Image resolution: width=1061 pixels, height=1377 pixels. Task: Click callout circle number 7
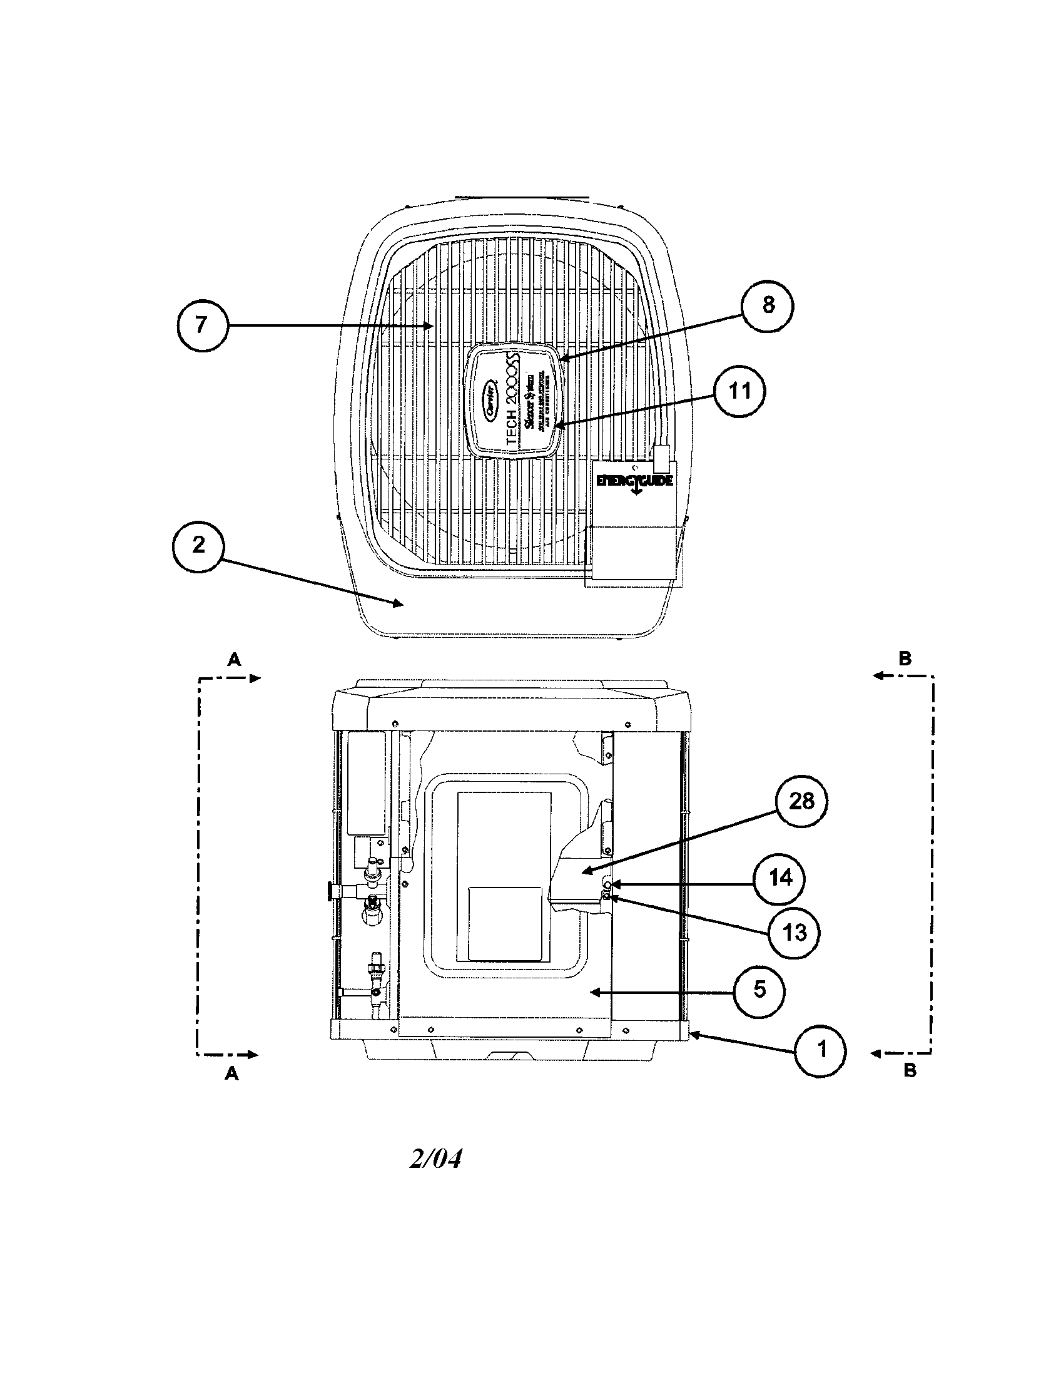point(200,325)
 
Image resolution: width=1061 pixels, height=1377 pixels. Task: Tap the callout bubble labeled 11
point(739,392)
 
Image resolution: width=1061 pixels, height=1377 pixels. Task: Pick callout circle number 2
point(198,545)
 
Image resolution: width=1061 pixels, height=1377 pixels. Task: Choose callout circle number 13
point(794,933)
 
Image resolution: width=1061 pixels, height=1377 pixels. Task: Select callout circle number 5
point(760,991)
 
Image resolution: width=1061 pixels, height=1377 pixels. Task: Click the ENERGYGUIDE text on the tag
point(634,481)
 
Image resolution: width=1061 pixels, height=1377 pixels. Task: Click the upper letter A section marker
point(234,659)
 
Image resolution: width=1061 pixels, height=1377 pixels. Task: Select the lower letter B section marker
point(909,1071)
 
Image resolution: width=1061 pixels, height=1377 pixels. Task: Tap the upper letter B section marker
point(905,658)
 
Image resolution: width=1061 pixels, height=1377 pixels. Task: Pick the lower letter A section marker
point(233,1073)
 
